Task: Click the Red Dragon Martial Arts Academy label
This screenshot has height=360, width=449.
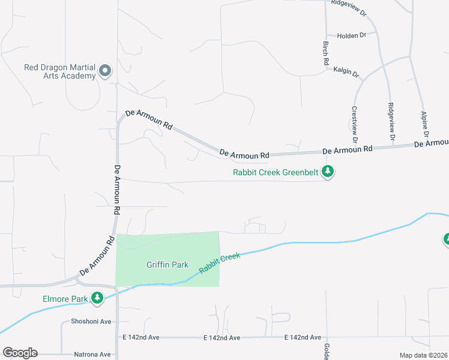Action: click(59, 71)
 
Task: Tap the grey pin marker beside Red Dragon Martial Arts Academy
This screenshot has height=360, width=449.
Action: click(105, 71)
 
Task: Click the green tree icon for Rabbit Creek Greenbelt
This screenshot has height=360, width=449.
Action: click(328, 173)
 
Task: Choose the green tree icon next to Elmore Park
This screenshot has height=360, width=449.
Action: click(96, 298)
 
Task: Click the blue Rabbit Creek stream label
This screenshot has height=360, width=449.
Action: click(220, 264)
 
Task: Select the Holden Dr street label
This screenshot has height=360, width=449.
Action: click(351, 36)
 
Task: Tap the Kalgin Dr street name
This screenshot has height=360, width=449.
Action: click(346, 73)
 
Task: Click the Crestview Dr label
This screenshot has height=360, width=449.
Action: click(354, 124)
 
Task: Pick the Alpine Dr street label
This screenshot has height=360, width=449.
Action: click(424, 124)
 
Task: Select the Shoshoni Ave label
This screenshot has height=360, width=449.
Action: click(91, 322)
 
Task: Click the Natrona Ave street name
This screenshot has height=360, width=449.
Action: click(92, 355)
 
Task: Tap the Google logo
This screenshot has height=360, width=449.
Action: click(20, 353)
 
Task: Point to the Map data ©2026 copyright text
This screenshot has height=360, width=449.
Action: click(424, 355)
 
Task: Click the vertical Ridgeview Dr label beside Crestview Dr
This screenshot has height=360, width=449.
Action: click(391, 122)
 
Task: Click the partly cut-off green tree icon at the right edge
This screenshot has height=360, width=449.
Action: click(446, 240)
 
